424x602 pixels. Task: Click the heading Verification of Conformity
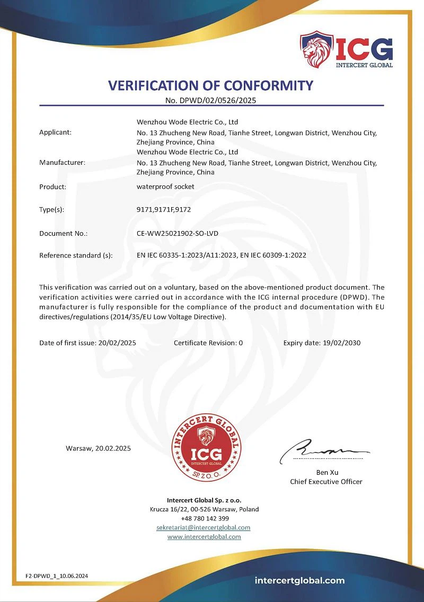tap(211, 85)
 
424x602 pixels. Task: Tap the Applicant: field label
tap(55, 132)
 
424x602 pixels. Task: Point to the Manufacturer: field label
tap(62, 162)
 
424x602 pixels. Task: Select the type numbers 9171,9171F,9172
tap(163, 209)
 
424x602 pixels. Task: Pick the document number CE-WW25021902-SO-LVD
tap(178, 233)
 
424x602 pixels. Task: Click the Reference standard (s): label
tap(76, 255)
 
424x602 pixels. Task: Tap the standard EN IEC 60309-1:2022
tap(273, 255)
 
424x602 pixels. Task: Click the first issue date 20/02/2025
tap(117, 343)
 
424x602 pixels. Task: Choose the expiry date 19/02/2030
tap(341, 343)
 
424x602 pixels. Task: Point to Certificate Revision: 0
tap(208, 343)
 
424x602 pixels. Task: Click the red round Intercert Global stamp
tap(206, 447)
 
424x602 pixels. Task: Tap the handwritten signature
tap(325, 451)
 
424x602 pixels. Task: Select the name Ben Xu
tap(326, 472)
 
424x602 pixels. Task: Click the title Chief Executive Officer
tap(326, 482)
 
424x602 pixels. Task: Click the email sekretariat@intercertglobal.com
tap(204, 528)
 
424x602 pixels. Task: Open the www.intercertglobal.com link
tap(204, 537)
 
